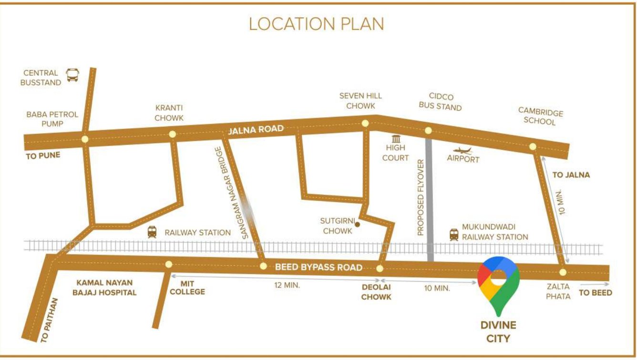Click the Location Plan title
(x=316, y=24)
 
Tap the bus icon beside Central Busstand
(x=72, y=75)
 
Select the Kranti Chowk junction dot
(x=172, y=134)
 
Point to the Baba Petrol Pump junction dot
(x=85, y=139)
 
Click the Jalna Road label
(x=256, y=129)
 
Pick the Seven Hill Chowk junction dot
(x=365, y=123)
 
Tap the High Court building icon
(x=396, y=139)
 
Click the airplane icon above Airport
(x=462, y=150)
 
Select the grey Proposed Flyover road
(x=429, y=200)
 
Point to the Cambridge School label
(x=540, y=116)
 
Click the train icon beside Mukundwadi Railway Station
(x=454, y=234)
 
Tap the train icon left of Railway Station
(x=152, y=232)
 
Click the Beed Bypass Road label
(x=318, y=267)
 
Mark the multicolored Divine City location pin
(x=498, y=281)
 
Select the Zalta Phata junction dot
(x=563, y=272)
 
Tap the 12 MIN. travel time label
(x=286, y=286)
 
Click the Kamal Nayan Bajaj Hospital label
(x=104, y=288)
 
